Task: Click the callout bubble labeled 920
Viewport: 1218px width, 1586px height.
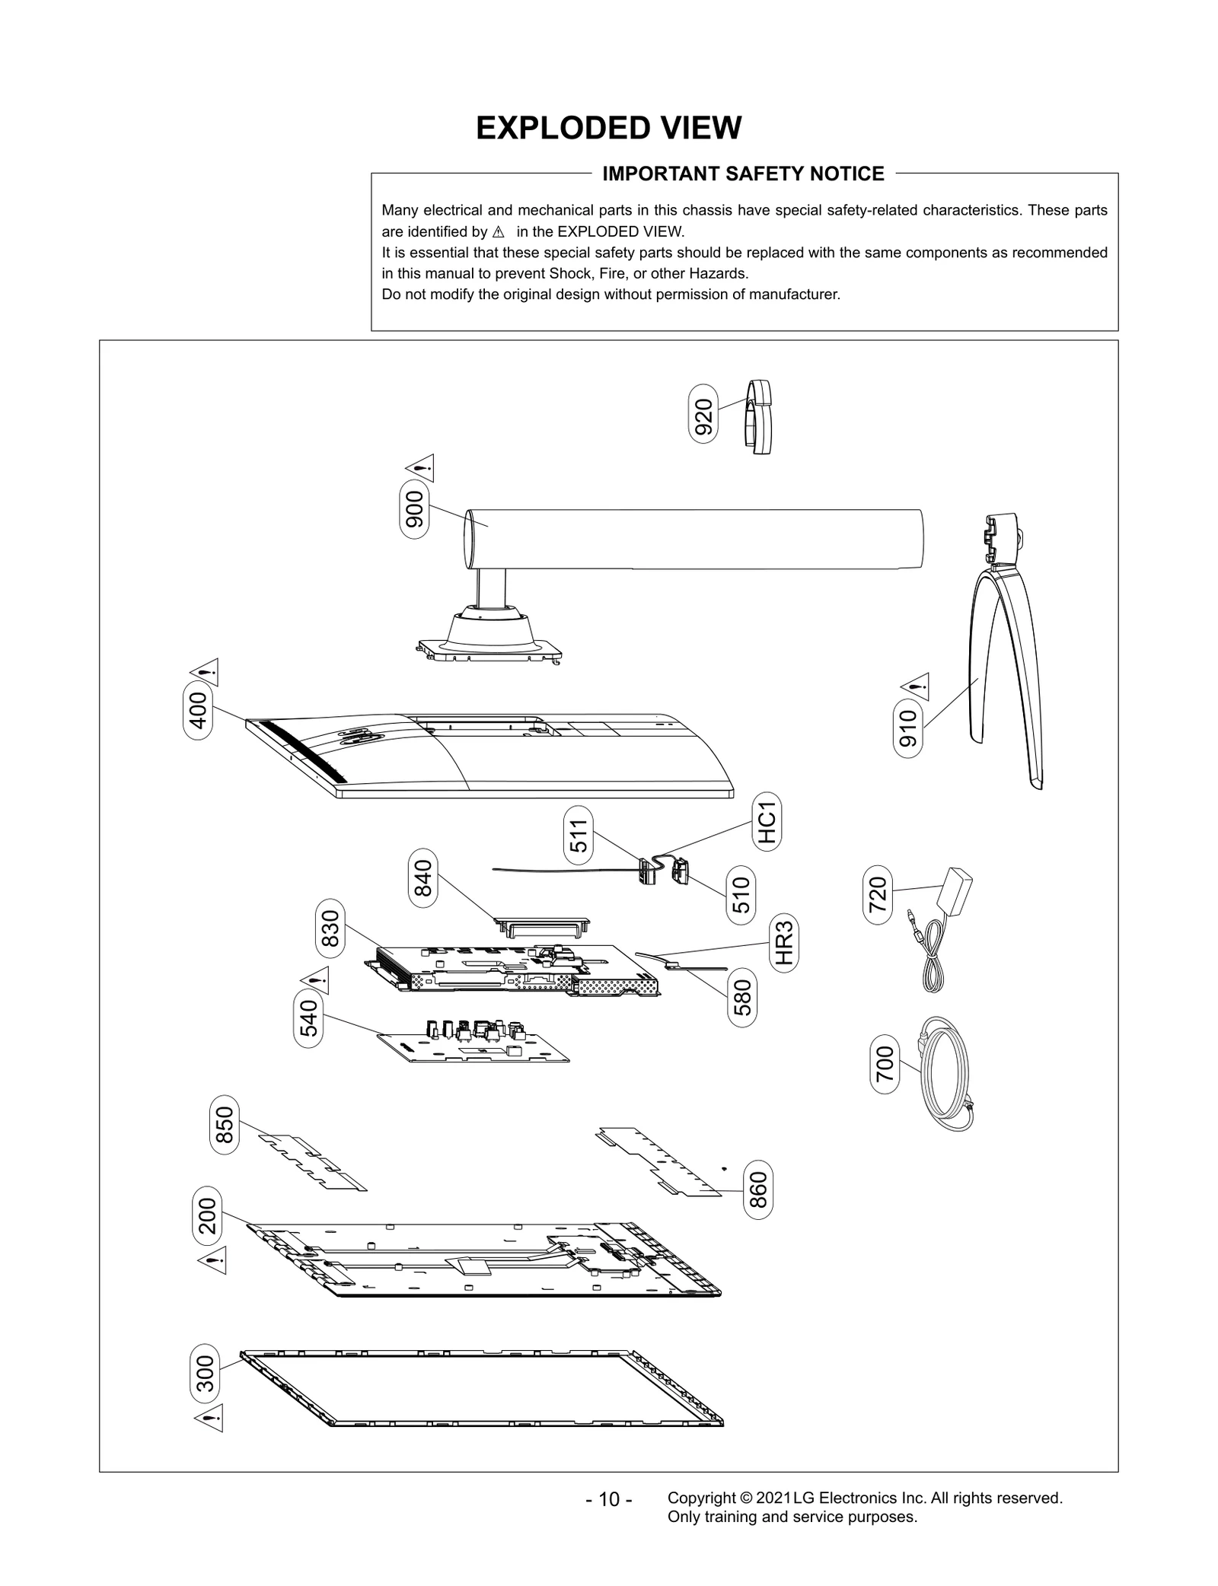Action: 703,413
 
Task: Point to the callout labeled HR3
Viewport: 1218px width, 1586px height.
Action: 784,943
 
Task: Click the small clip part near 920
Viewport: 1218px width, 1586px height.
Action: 758,416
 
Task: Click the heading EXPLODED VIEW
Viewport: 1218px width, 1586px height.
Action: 608,128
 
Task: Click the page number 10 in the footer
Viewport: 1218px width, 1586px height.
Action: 609,1499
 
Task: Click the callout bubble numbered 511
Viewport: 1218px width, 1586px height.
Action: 579,835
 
